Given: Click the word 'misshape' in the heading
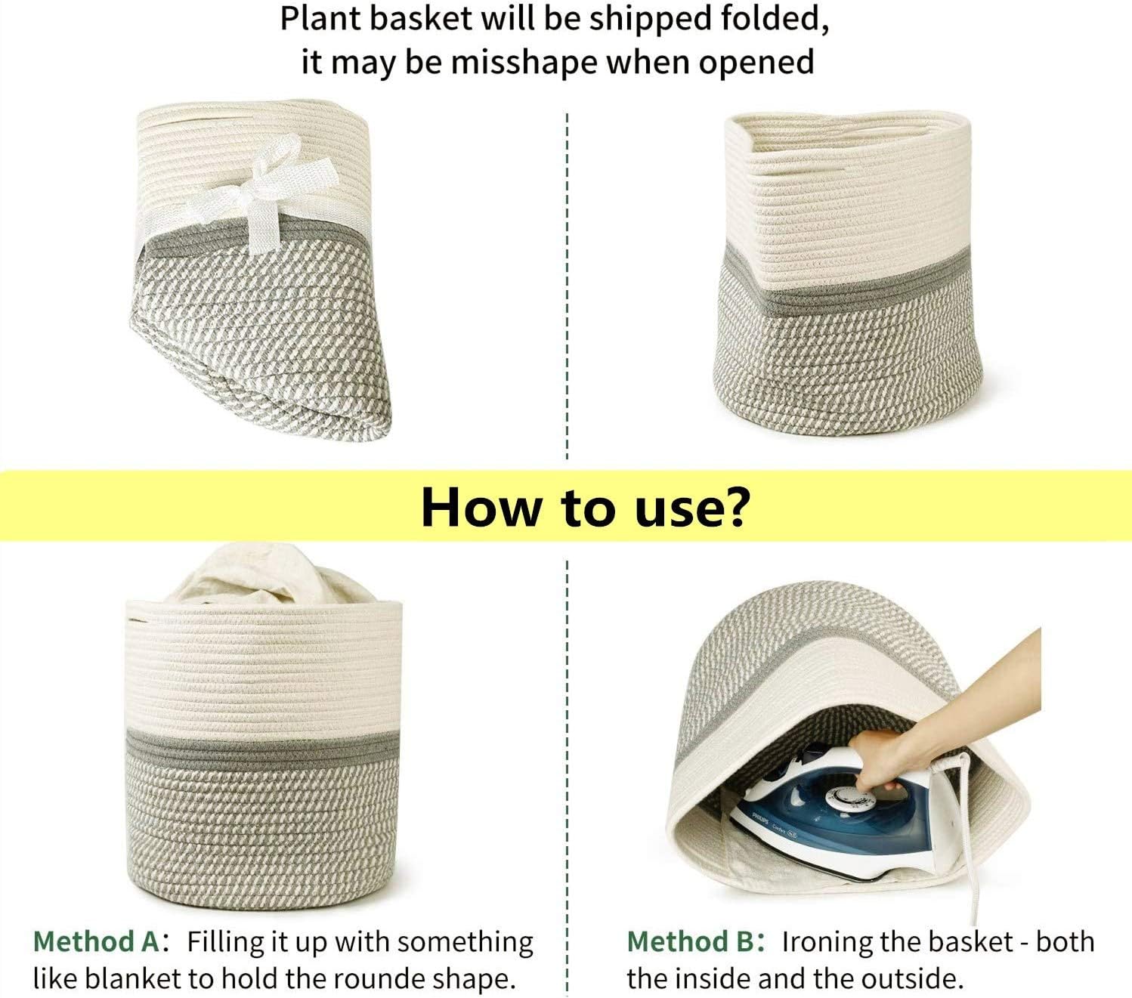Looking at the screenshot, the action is [x=524, y=63].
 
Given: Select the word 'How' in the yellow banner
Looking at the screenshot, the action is [x=481, y=507].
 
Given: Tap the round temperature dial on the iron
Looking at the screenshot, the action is [x=847, y=800].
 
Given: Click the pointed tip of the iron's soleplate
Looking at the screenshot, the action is [x=733, y=816].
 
